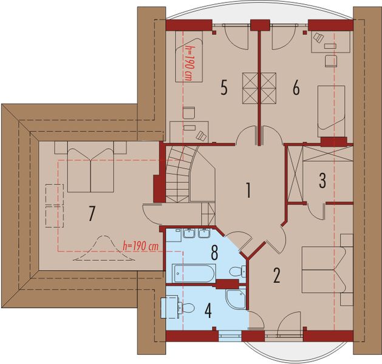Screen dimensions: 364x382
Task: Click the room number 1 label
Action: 248,190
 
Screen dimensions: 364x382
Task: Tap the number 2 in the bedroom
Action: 276,276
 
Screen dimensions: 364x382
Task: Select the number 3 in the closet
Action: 322,180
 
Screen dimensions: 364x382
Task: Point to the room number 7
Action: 92,213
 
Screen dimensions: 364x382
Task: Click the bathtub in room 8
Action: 194,273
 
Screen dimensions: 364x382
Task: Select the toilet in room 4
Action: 187,308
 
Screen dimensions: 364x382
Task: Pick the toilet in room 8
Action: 243,271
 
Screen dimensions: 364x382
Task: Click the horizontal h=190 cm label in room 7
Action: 140,246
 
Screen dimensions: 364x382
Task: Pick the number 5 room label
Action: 223,89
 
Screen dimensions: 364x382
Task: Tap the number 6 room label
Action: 296,89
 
